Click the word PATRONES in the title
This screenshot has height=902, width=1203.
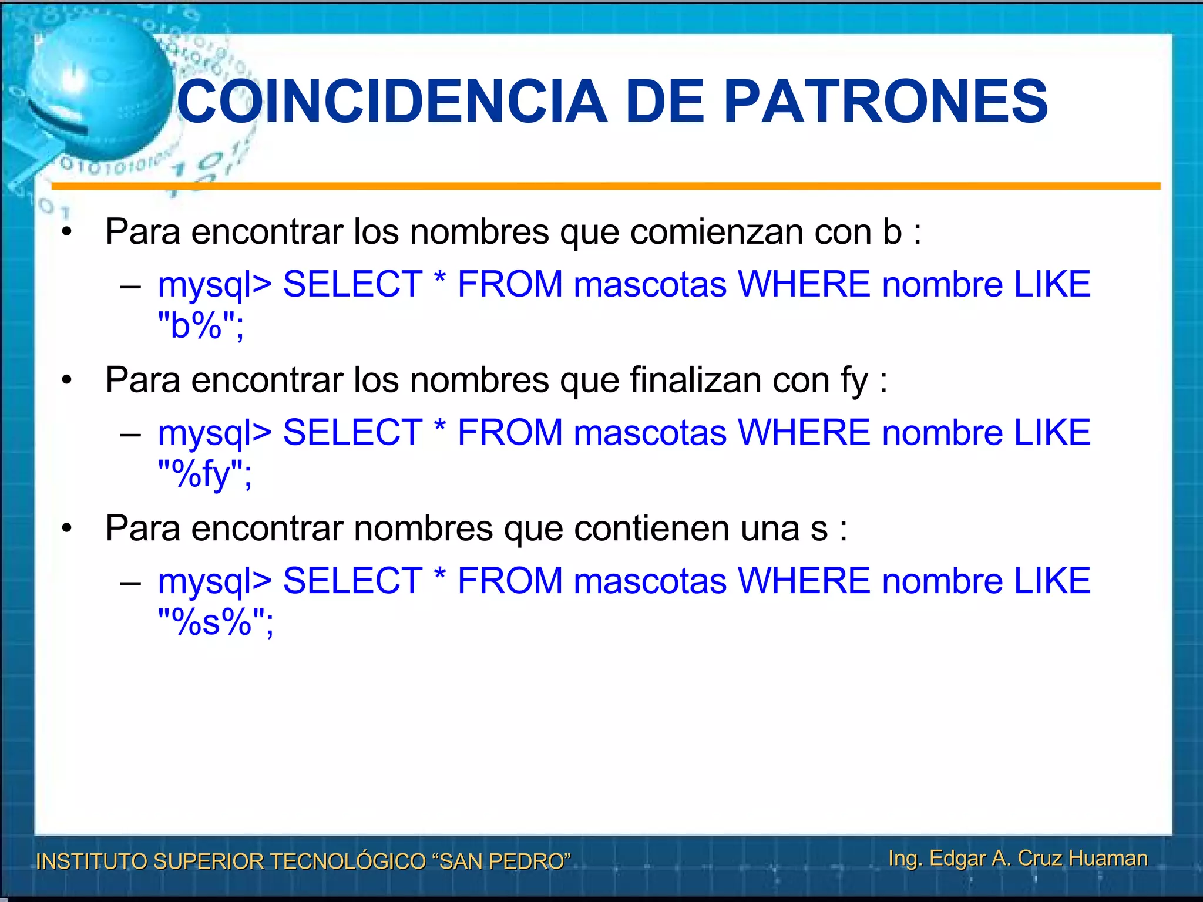click(886, 102)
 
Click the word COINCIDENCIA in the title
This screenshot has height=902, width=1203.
click(391, 102)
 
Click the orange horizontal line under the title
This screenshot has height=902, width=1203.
click(605, 186)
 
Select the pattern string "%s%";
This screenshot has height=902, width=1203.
click(216, 622)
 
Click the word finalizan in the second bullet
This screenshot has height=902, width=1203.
click(695, 380)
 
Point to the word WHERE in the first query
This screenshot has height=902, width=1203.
click(804, 284)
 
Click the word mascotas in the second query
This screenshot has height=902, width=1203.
click(650, 433)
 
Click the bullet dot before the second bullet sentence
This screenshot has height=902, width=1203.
click(67, 381)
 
